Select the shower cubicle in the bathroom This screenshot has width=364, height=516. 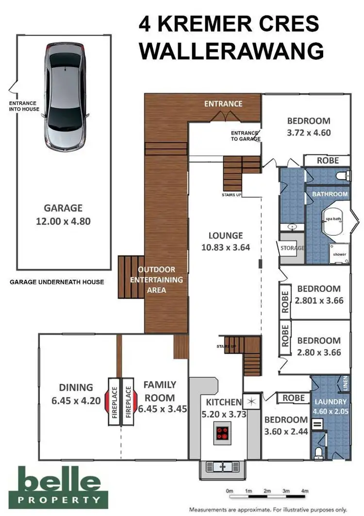point(339,254)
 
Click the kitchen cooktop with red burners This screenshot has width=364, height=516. point(222,433)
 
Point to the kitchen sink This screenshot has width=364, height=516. point(223,466)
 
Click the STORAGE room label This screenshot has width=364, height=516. point(292,248)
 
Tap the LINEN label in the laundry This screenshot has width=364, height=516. point(345,383)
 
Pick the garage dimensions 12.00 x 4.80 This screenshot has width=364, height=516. point(63,221)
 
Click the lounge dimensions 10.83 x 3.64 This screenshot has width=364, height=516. point(226,247)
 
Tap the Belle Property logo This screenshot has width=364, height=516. point(59,487)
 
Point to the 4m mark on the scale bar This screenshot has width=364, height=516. point(305,491)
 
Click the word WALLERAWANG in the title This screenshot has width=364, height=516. point(232,52)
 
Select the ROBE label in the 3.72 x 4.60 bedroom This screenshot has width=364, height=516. point(328,161)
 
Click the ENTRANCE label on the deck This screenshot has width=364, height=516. point(223,104)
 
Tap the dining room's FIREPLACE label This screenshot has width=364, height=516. point(115,402)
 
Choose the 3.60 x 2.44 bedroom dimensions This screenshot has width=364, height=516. point(286,431)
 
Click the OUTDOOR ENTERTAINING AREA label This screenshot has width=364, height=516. point(156,280)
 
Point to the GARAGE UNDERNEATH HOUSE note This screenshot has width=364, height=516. point(57,282)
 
